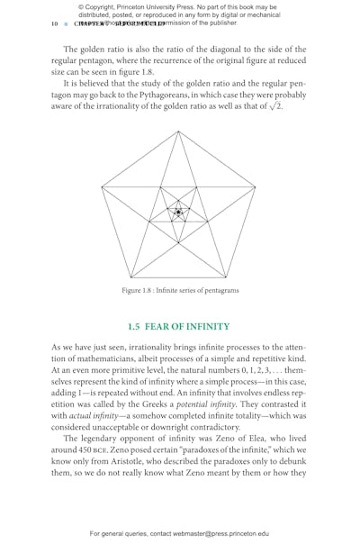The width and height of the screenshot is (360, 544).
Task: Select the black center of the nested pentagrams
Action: click(x=178, y=213)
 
